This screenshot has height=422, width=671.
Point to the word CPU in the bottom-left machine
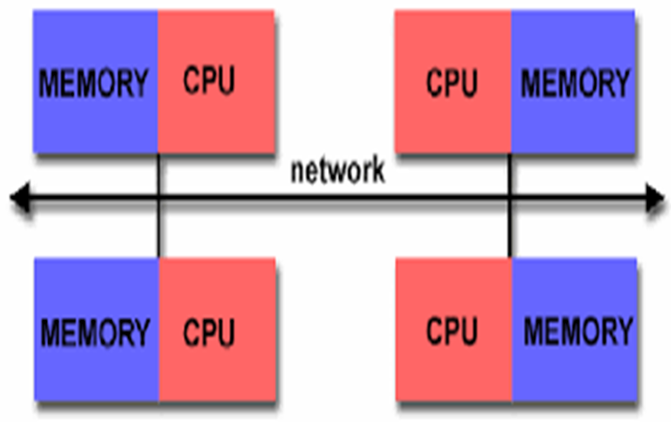[209, 334]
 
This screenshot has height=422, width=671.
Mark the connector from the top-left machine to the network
[158, 175]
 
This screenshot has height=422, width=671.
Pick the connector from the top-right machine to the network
[511, 175]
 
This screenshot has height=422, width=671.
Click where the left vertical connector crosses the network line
[158, 200]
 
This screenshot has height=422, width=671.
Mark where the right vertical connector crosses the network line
[511, 200]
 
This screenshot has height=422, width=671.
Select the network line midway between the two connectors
[335, 200]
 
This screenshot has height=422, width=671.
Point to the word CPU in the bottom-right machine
[452, 333]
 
